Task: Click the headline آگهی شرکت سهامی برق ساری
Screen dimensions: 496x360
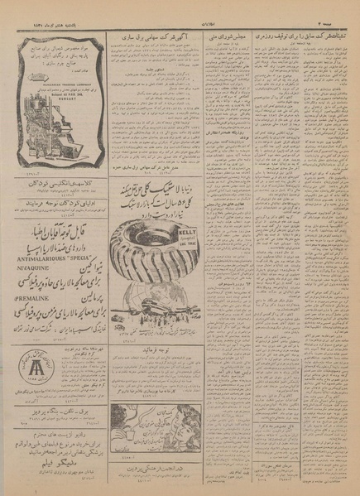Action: click(x=153, y=39)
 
